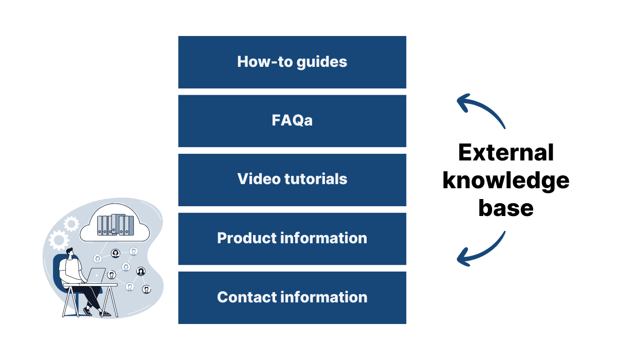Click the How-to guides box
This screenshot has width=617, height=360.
(x=292, y=62)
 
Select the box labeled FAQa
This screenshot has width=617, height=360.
(x=292, y=121)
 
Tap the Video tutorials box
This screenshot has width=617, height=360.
(x=292, y=179)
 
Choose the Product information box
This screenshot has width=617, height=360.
(x=292, y=239)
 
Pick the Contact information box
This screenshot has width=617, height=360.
(x=292, y=297)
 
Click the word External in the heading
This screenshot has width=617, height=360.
(x=506, y=153)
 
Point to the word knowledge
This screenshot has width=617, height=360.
(x=506, y=181)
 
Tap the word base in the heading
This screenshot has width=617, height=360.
(x=506, y=208)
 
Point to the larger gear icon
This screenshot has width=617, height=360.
(x=59, y=240)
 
